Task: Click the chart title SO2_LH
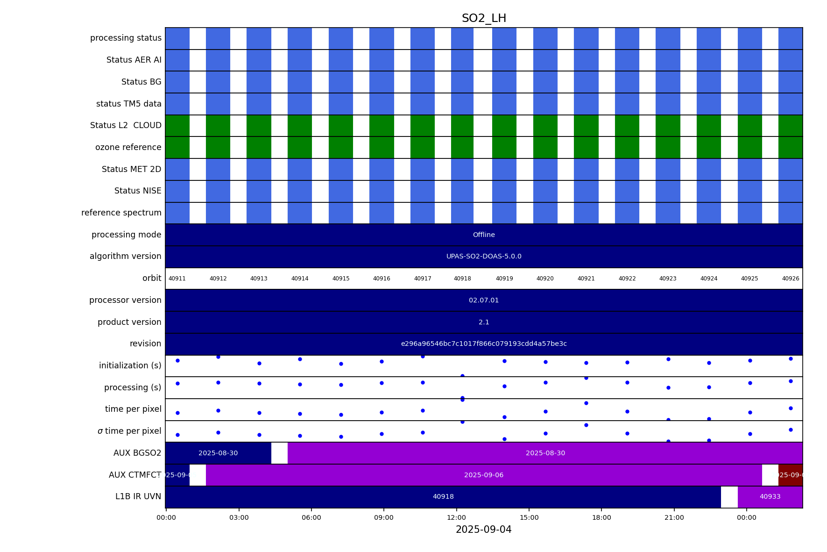click(484, 19)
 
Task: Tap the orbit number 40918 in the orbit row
click(462, 279)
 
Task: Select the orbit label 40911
click(177, 279)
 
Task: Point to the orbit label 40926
click(791, 279)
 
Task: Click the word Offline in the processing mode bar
click(484, 235)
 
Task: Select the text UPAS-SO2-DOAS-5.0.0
click(484, 257)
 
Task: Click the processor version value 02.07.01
click(484, 301)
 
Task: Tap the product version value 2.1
click(484, 323)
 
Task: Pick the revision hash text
click(484, 344)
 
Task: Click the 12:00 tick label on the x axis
click(456, 517)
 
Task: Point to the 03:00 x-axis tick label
click(239, 517)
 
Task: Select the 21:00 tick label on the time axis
click(674, 517)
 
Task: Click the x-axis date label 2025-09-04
click(484, 530)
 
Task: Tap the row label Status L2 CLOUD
click(126, 126)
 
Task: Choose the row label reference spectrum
click(121, 213)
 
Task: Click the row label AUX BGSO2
click(137, 453)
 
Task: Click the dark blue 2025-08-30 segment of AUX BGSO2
click(218, 453)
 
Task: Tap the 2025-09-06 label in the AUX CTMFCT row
click(484, 475)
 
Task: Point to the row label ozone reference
click(128, 148)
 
